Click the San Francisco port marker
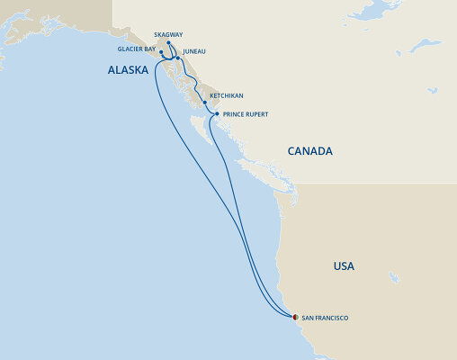pyautogui.click(x=294, y=317)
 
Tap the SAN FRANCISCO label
pyautogui.click(x=325, y=318)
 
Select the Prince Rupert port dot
pyautogui.click(x=217, y=114)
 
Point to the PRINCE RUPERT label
pyautogui.click(x=246, y=115)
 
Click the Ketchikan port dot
pyautogui.click(x=205, y=103)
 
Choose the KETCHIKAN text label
pyautogui.click(x=226, y=95)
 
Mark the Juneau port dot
pyautogui.click(x=177, y=58)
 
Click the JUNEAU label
pyautogui.click(x=194, y=52)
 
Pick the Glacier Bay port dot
pyautogui.click(x=161, y=52)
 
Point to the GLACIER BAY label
pyautogui.click(x=137, y=49)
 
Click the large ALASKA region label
pyautogui.click(x=128, y=70)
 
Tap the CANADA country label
pyautogui.click(x=310, y=151)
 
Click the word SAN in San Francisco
pyautogui.click(x=308, y=318)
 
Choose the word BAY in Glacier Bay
pyautogui.click(x=149, y=49)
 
